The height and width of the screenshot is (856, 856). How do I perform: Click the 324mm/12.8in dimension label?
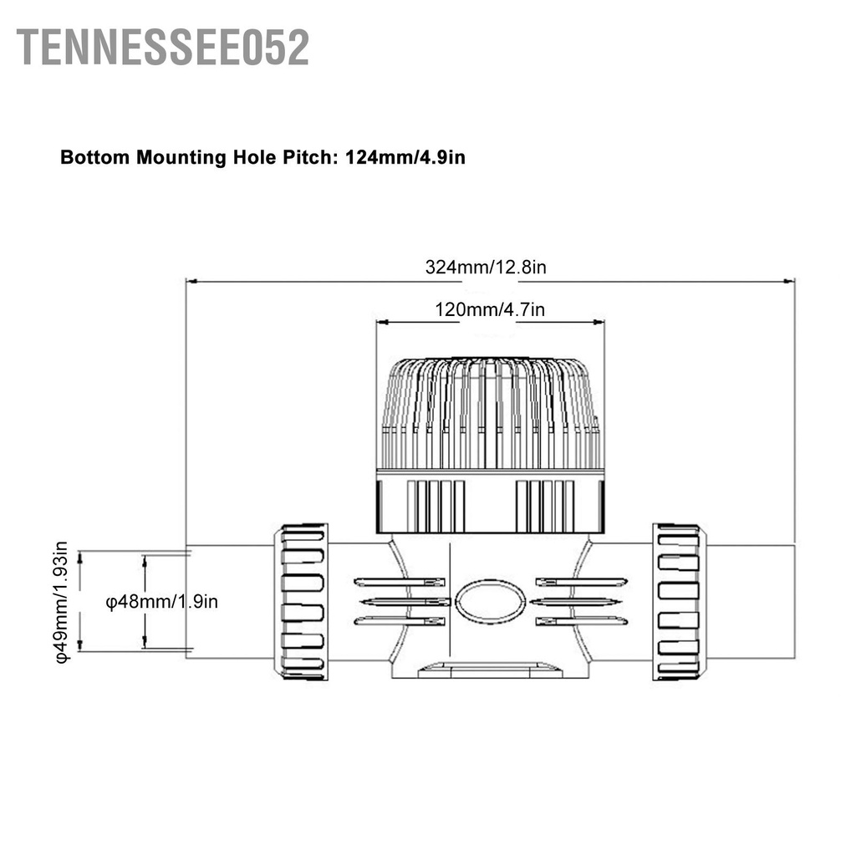tap(486, 267)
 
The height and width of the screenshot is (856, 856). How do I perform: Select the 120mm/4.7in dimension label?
tap(490, 309)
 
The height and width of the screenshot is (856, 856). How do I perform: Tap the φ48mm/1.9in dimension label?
tap(162, 601)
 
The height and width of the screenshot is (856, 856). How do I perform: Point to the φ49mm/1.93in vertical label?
tap(64, 602)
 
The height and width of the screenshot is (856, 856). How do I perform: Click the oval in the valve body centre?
tap(493, 601)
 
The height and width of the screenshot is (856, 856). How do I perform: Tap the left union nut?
tap(302, 601)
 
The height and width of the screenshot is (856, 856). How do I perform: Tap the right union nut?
tap(678, 601)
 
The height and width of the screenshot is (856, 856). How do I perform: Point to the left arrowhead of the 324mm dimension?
tap(190, 282)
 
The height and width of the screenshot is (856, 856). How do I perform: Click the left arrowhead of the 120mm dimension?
tap(381, 322)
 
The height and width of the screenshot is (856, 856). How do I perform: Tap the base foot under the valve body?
tap(492, 669)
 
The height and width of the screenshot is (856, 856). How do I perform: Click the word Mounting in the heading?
tap(181, 157)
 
